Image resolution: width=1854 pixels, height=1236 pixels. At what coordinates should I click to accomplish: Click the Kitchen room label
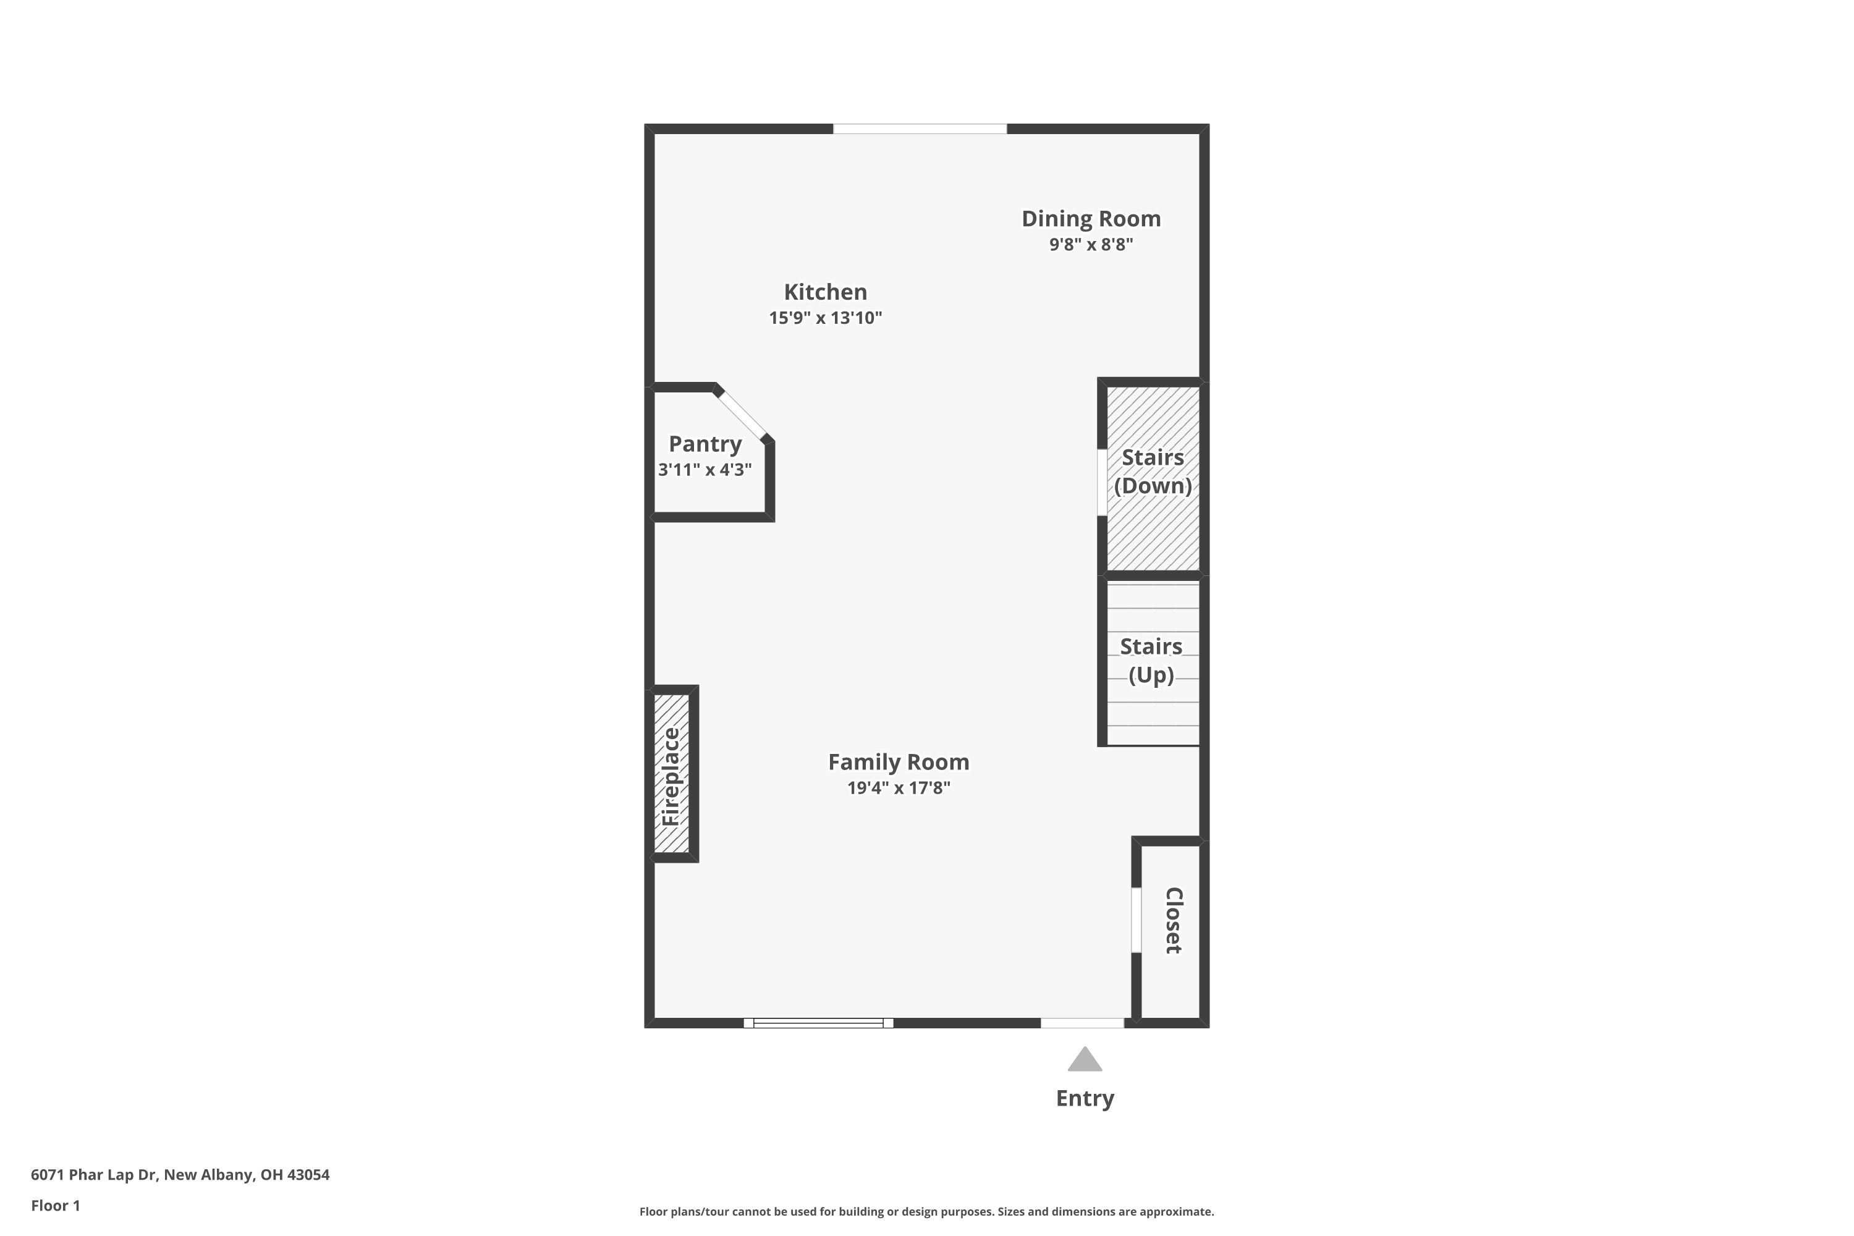[824, 292]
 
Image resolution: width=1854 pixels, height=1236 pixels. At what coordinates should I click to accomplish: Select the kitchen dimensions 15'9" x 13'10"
[824, 318]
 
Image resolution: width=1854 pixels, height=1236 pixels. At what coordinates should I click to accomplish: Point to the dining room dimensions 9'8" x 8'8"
[1090, 244]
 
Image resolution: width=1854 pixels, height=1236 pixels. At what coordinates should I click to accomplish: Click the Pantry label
[705, 444]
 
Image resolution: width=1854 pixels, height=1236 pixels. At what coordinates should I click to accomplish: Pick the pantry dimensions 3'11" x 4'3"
[705, 470]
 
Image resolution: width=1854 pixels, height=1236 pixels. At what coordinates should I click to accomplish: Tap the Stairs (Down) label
[1153, 472]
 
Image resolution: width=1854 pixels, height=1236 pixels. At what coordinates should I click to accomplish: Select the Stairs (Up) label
[1151, 661]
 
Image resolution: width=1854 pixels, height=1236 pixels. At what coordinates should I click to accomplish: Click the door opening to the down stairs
[1102, 483]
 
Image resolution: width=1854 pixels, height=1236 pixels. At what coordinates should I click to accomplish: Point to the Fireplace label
[671, 776]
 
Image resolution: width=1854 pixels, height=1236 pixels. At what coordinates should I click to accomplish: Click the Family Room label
[898, 762]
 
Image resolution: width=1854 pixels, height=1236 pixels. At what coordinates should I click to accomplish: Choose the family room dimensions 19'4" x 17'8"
[898, 787]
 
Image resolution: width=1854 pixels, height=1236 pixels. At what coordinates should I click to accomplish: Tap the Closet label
[1173, 920]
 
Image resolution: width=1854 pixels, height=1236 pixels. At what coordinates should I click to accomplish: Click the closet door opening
[1136, 920]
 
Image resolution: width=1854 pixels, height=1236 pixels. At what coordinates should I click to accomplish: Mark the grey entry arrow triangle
[1085, 1060]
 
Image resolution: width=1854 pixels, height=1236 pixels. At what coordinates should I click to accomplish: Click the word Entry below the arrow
[1085, 1098]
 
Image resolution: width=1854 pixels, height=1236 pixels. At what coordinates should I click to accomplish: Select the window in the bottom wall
[818, 1023]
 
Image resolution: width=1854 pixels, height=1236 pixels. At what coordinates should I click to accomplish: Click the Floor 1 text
[55, 1205]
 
